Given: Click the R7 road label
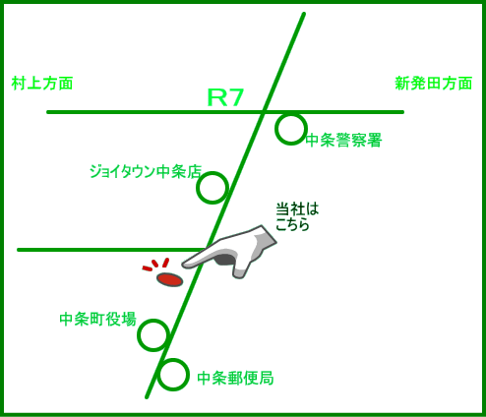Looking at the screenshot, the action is [x=225, y=97].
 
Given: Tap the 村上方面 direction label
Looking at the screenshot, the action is [x=42, y=84].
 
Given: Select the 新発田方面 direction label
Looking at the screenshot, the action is [x=433, y=84].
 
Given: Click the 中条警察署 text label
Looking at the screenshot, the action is [x=343, y=141].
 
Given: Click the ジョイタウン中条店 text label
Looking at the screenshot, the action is [x=146, y=171].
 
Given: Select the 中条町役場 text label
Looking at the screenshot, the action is [x=97, y=319].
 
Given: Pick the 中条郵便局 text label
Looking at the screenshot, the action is [x=235, y=378].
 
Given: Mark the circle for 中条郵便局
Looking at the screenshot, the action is [x=173, y=360].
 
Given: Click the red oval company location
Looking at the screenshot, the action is [x=169, y=279].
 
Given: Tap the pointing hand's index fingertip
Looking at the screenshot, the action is [x=184, y=265].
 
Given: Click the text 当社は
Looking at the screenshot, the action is [x=297, y=209].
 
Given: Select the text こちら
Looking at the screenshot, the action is [x=292, y=224].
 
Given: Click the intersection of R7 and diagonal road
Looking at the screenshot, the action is [x=264, y=112].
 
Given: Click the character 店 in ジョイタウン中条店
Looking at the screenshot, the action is [x=194, y=171].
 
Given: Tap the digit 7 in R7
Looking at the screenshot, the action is [x=235, y=97].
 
